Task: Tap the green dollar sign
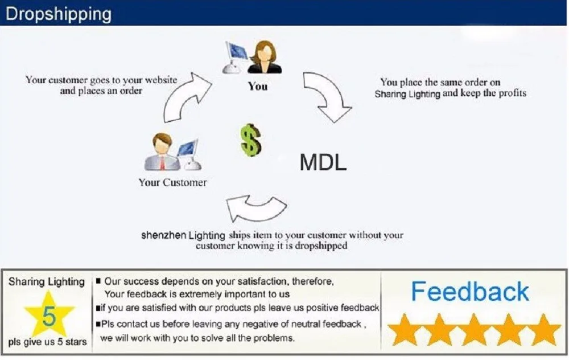[251, 140]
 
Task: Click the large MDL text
[323, 162]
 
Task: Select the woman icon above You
[265, 57]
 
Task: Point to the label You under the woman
[258, 87]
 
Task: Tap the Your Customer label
[173, 182]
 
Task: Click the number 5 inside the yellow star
[49, 316]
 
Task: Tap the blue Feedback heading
[470, 291]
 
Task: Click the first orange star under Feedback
[404, 330]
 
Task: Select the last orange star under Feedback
[543, 330]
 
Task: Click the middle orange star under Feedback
[473, 330]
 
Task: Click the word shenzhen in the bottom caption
[164, 235]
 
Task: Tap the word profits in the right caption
[513, 93]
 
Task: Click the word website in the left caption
[161, 80]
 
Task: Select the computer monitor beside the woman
[234, 57]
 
